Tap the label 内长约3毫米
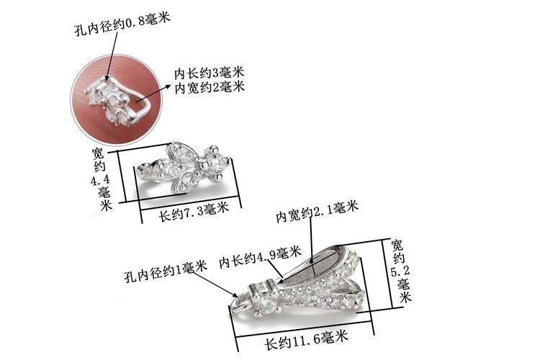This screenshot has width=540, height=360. tap(210, 73)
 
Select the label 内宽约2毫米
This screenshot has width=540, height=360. tap(210, 87)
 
